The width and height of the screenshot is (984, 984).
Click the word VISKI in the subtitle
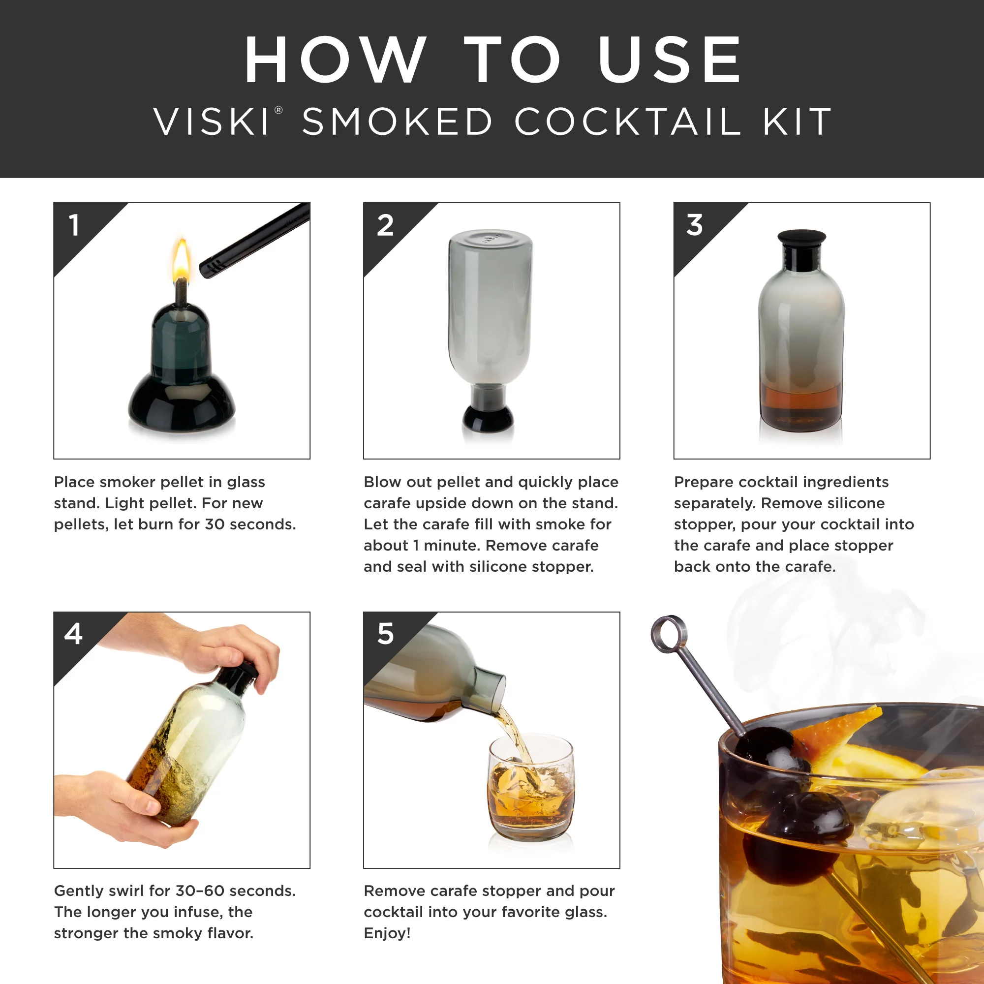coord(212,122)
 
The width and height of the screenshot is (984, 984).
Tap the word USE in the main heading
coord(669,60)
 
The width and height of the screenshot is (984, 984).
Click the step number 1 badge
coord(75,225)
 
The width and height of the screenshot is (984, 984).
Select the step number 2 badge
coord(385,225)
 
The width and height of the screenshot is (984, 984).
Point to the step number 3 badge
coord(694,225)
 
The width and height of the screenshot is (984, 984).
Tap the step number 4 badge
coord(73,634)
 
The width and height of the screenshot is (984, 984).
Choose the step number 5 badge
coord(386,634)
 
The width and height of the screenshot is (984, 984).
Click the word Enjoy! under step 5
coord(387,933)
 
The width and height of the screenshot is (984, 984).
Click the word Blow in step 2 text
coord(379,482)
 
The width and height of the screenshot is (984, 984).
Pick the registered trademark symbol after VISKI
coord(278,110)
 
